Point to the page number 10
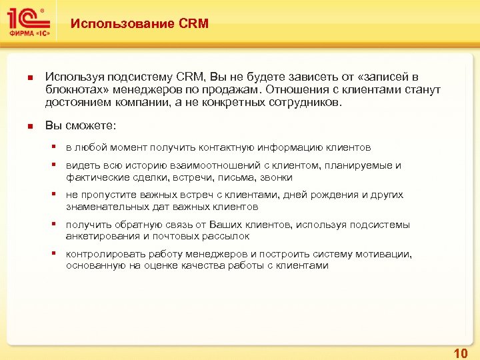coord(460,352)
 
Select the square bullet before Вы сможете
coord(28,127)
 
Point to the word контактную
coord(224,147)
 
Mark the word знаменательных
coord(101,207)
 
